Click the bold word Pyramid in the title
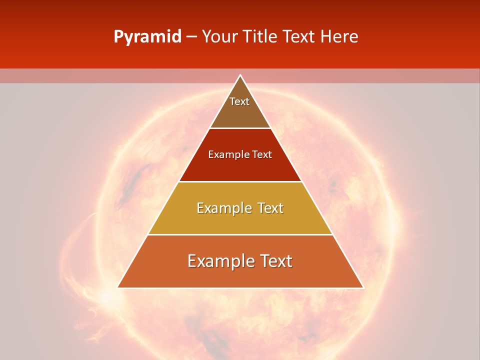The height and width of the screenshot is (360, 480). pyautogui.click(x=147, y=36)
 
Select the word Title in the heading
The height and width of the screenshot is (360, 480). pyautogui.click(x=261, y=36)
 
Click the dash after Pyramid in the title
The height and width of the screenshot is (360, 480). pyautogui.click(x=191, y=36)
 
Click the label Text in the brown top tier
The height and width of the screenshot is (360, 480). pyautogui.click(x=239, y=101)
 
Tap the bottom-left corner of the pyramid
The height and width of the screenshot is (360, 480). pyautogui.click(x=118, y=287)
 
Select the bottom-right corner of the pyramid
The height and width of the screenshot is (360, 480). pyautogui.click(x=363, y=287)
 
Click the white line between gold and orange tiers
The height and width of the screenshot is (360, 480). pyautogui.click(x=240, y=234)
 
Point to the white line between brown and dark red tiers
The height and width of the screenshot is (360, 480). pyautogui.click(x=240, y=128)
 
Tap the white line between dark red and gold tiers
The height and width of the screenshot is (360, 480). pyautogui.click(x=240, y=181)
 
